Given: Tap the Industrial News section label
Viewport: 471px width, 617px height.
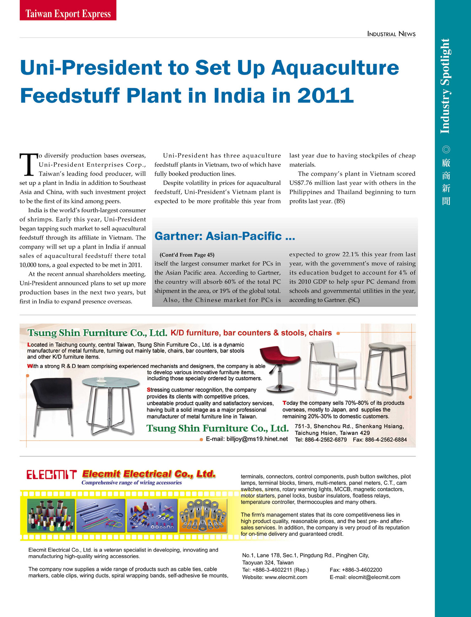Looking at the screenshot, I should (391, 34).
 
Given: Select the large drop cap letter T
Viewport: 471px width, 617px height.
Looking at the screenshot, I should (28, 165).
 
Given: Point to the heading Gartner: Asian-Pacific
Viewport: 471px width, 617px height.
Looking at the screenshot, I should (225, 236).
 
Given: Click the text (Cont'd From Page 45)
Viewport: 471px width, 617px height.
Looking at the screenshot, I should (187, 255).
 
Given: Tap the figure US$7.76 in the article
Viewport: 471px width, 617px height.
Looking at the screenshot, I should (301, 183).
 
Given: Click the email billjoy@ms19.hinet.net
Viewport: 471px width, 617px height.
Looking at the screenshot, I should (257, 439).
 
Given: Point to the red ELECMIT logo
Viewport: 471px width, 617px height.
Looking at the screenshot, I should (52, 475).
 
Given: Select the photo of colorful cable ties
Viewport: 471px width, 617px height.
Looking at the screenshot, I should (101, 515).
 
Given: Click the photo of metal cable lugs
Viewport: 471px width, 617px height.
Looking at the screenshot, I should (203, 515).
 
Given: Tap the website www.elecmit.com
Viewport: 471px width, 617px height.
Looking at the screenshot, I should (286, 577).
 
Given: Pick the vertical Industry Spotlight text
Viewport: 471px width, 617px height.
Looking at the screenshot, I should (445, 86).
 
